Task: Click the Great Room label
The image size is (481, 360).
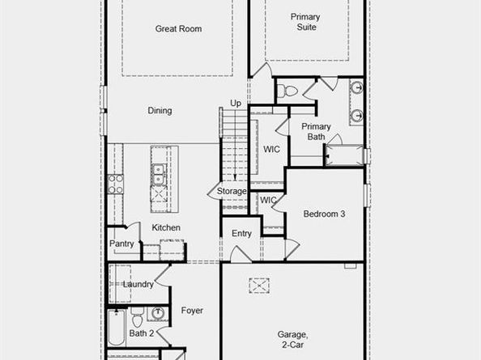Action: click(x=178, y=29)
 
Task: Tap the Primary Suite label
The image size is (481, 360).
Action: click(x=306, y=22)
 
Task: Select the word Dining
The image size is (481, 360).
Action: click(x=160, y=111)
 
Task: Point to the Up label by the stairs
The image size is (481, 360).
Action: click(x=236, y=104)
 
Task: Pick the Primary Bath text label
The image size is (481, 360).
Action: click(x=316, y=132)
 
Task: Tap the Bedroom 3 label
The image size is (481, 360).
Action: click(x=324, y=214)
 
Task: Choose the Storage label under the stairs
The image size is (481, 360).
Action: click(x=232, y=192)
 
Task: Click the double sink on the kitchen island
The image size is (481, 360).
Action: click(x=157, y=172)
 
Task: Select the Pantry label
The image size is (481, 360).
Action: click(x=121, y=244)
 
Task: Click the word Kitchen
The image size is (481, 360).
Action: click(x=166, y=228)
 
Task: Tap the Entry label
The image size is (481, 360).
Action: click(x=241, y=234)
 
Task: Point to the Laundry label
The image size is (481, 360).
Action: click(x=138, y=284)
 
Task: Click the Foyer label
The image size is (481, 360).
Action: click(x=192, y=311)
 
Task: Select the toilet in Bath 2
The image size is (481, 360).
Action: click(x=138, y=313)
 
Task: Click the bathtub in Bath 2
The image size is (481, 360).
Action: click(x=115, y=333)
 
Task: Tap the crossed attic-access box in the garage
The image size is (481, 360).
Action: click(x=259, y=286)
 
